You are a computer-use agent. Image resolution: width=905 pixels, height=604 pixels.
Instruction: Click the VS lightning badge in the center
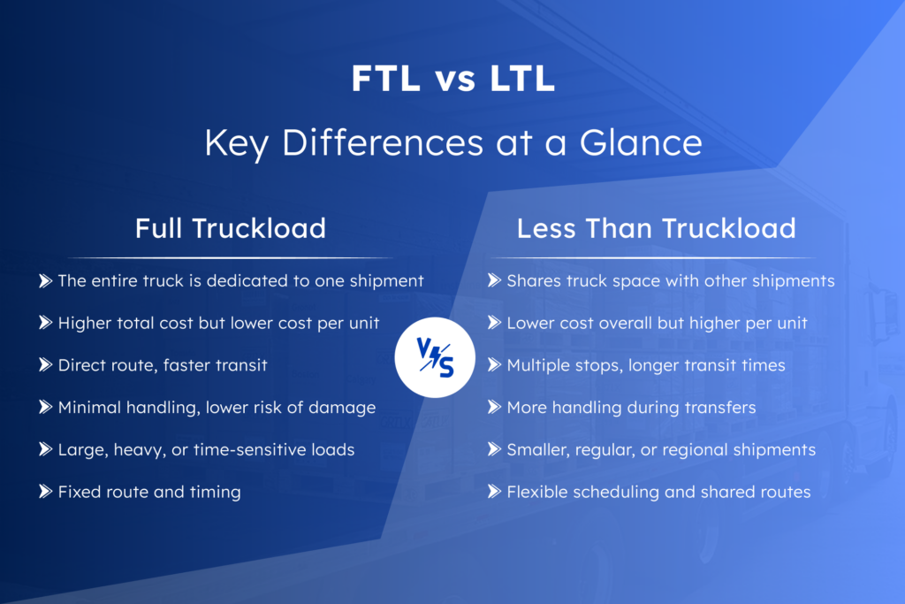(435, 357)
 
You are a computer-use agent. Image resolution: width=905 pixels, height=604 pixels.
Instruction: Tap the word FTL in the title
(385, 79)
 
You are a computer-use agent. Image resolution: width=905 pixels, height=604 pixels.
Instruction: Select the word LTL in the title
(522, 79)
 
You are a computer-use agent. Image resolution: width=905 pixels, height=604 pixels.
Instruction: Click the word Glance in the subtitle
(641, 142)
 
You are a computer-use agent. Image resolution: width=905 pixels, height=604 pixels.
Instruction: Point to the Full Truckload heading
(231, 229)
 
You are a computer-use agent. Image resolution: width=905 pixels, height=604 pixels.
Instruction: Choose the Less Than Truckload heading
(657, 229)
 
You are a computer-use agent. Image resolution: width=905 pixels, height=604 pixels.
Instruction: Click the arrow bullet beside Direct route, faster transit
(46, 365)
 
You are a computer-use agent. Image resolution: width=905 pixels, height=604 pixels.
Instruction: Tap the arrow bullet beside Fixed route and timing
(46, 492)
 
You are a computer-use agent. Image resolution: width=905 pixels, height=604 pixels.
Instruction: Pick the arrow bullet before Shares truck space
(494, 280)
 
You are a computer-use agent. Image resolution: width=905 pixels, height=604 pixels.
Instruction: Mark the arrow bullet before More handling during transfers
(494, 407)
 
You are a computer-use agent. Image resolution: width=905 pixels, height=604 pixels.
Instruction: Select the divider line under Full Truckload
(231, 257)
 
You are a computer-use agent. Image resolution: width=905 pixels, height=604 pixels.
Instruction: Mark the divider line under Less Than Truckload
(653, 257)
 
